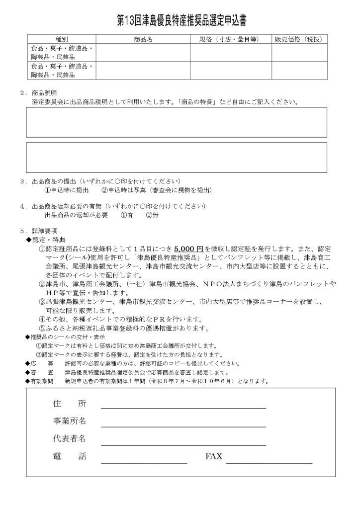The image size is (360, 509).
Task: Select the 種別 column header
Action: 61,39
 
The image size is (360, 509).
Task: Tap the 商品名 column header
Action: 143,39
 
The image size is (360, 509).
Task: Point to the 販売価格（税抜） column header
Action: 299,39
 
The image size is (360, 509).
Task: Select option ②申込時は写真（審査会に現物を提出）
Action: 157,190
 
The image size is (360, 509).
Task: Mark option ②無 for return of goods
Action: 152,215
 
